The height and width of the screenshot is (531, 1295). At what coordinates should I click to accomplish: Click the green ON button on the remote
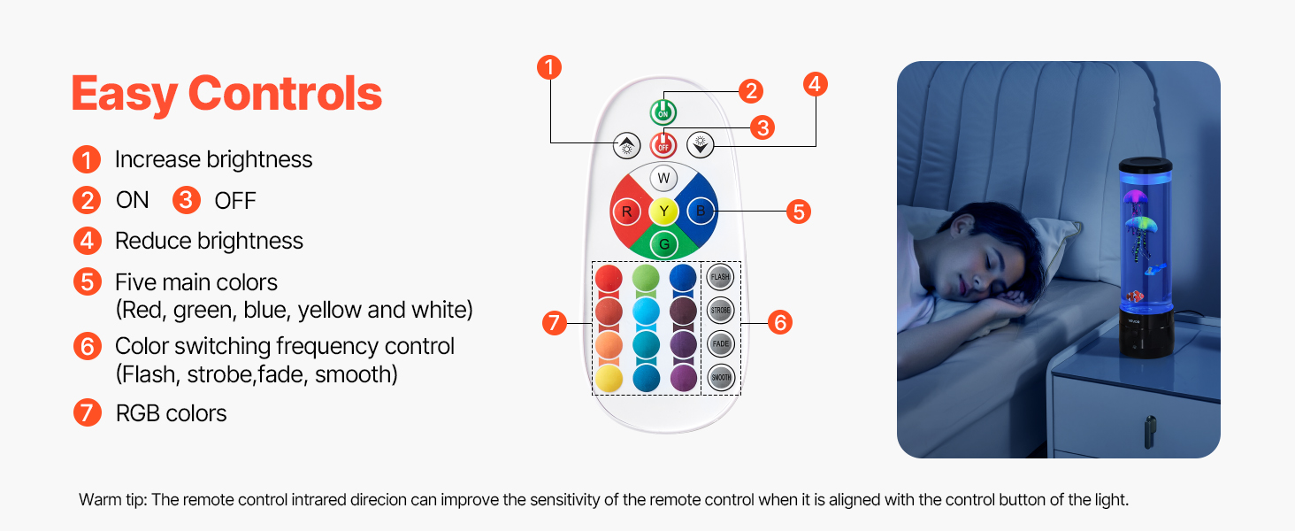[x=663, y=112]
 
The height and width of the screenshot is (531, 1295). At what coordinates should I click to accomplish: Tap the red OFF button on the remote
[x=663, y=144]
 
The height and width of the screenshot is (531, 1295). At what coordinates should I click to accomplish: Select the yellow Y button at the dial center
[x=663, y=211]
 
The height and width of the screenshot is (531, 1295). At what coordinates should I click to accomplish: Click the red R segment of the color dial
[x=627, y=212]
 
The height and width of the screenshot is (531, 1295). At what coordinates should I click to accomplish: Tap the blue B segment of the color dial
[x=701, y=211]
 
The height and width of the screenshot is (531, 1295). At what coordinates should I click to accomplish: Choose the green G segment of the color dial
[x=663, y=244]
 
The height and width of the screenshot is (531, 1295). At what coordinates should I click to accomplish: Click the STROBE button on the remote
[x=721, y=310]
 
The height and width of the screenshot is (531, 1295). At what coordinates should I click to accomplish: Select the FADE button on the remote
[x=721, y=343]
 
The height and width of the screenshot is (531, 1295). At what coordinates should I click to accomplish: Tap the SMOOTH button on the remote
[x=721, y=377]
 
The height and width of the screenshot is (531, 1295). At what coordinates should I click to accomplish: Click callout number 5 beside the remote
[x=798, y=212]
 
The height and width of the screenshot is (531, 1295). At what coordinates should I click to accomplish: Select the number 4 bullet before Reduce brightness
[x=87, y=241]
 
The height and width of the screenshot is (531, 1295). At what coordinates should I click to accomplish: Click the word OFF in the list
[x=235, y=201]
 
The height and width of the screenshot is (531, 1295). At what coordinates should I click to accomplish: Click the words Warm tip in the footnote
[x=111, y=500]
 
